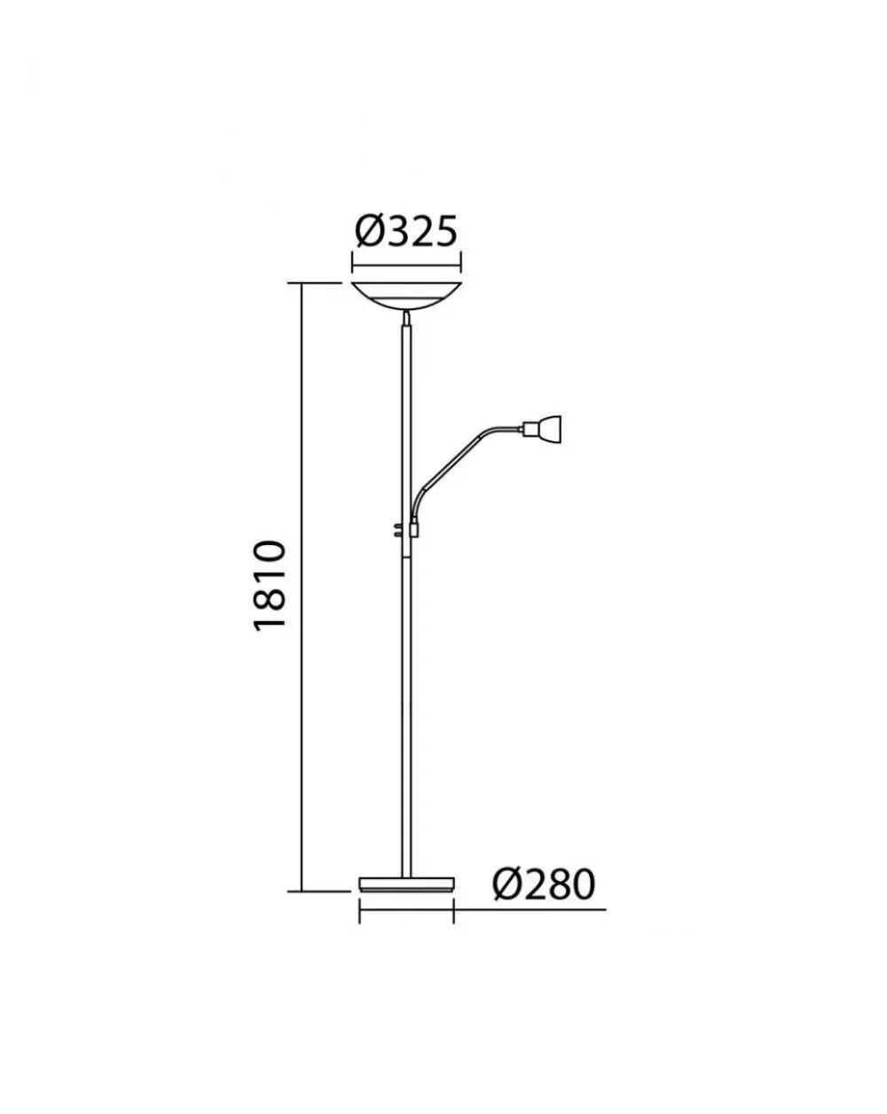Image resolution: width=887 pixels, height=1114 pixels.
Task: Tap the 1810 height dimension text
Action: [270, 585]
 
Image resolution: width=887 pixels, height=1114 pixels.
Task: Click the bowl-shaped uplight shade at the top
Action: [406, 296]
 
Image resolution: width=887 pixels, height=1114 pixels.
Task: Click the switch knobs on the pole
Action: [397, 530]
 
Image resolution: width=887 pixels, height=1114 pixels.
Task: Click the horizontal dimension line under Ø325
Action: [406, 267]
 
